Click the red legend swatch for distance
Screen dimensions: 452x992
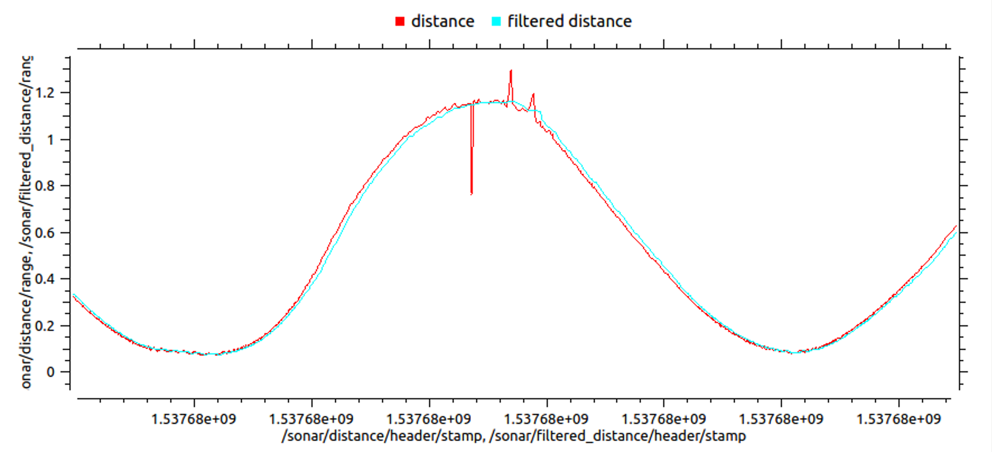[x=399, y=22]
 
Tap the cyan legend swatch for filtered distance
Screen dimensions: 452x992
[x=496, y=22]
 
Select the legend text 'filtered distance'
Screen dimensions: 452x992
[x=569, y=21]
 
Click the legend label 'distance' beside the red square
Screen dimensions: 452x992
[x=443, y=21]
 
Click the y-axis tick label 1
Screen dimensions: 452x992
[x=51, y=139]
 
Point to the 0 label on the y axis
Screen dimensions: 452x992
[x=51, y=372]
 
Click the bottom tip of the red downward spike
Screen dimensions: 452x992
[x=472, y=194]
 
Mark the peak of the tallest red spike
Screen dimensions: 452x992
[x=511, y=71]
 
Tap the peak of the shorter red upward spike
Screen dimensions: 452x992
[x=533, y=94]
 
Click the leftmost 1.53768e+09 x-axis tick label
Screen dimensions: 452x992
[x=194, y=419]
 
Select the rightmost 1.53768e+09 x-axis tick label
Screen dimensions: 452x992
[x=898, y=419]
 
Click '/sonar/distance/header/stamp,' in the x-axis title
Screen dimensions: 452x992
[x=383, y=436]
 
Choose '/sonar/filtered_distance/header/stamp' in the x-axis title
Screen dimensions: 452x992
[x=617, y=436]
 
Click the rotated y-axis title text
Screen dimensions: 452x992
[x=26, y=222]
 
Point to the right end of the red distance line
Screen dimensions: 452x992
[x=956, y=226]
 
